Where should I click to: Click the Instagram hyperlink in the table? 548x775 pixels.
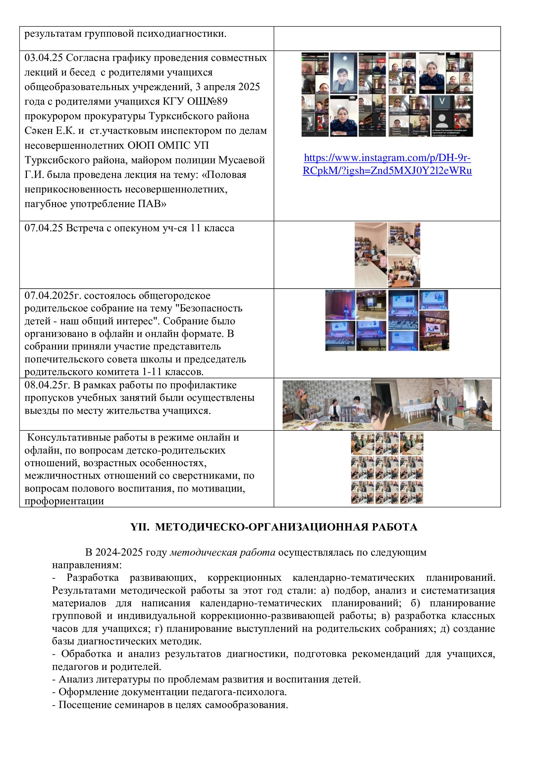pos(387,164)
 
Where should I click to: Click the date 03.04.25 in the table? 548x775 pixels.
pos(43,58)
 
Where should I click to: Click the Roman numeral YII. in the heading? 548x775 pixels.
pos(140,527)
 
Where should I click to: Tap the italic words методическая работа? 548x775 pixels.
pos(222,553)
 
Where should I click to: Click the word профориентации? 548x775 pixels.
pos(64,501)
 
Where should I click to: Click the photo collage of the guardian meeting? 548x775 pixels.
pos(387,255)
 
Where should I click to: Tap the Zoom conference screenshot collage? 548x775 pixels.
pos(387,94)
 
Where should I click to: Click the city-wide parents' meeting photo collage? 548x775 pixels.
pos(387,320)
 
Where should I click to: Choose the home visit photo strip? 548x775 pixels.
pos(387,405)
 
